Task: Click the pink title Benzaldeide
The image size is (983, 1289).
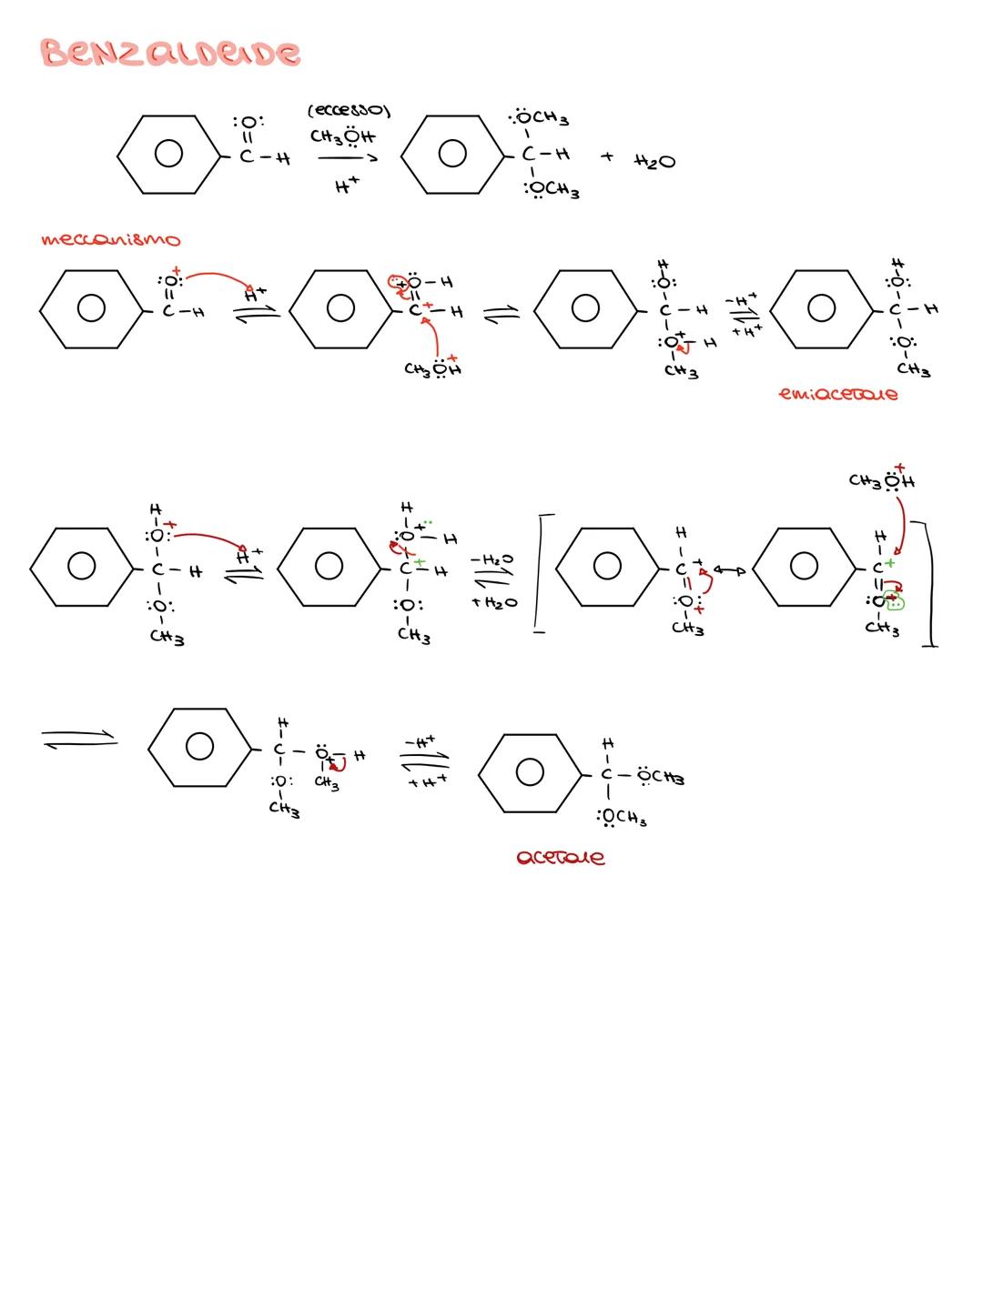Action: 170,53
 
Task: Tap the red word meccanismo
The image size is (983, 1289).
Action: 110,240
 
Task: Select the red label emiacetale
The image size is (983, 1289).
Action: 837,395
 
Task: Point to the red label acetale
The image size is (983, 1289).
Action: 560,858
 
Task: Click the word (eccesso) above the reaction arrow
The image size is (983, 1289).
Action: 349,112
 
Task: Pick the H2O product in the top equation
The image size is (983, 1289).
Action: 654,161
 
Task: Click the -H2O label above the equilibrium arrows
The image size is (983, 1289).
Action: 491,559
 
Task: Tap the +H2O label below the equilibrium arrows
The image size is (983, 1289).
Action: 493,603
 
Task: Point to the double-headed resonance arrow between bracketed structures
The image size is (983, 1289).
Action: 729,570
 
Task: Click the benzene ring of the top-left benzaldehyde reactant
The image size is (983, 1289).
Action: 168,155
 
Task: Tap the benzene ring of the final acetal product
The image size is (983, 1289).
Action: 529,774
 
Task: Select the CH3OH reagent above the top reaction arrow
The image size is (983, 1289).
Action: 341,137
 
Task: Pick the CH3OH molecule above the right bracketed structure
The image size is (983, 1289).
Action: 881,480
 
